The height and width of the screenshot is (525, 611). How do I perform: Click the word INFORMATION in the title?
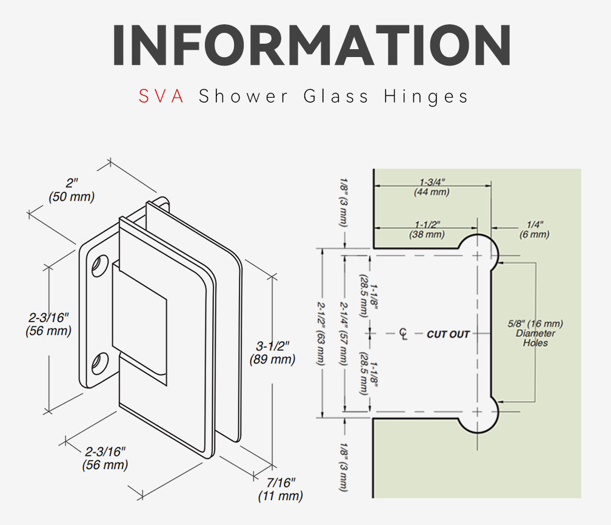point(312,45)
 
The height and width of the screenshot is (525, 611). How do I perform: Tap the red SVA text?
point(161,96)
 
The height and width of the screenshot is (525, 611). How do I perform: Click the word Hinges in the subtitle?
point(426,97)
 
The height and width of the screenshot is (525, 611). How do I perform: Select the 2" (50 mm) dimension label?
point(72,190)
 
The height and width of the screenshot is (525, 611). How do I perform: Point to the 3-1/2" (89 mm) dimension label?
point(272,353)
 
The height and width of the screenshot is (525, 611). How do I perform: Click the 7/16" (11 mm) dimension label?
point(281,490)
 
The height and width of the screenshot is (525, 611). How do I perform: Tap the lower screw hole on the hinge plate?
point(100,363)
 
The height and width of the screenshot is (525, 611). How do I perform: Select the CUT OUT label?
point(448,334)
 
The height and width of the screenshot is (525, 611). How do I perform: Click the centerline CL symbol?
point(403,334)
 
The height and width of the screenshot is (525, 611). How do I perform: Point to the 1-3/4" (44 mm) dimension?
point(432,187)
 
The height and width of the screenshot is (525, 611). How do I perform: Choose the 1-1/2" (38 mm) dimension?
point(427,230)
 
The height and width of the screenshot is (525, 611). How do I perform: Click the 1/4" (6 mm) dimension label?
point(534,230)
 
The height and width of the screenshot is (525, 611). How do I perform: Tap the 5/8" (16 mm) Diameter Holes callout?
point(535,333)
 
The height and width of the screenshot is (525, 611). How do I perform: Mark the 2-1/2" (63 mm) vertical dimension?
point(320,334)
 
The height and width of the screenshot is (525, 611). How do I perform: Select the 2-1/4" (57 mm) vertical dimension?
point(343,334)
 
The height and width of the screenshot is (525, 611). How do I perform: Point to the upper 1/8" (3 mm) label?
point(343,202)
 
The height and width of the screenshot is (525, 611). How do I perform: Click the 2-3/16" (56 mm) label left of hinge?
point(48,324)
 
